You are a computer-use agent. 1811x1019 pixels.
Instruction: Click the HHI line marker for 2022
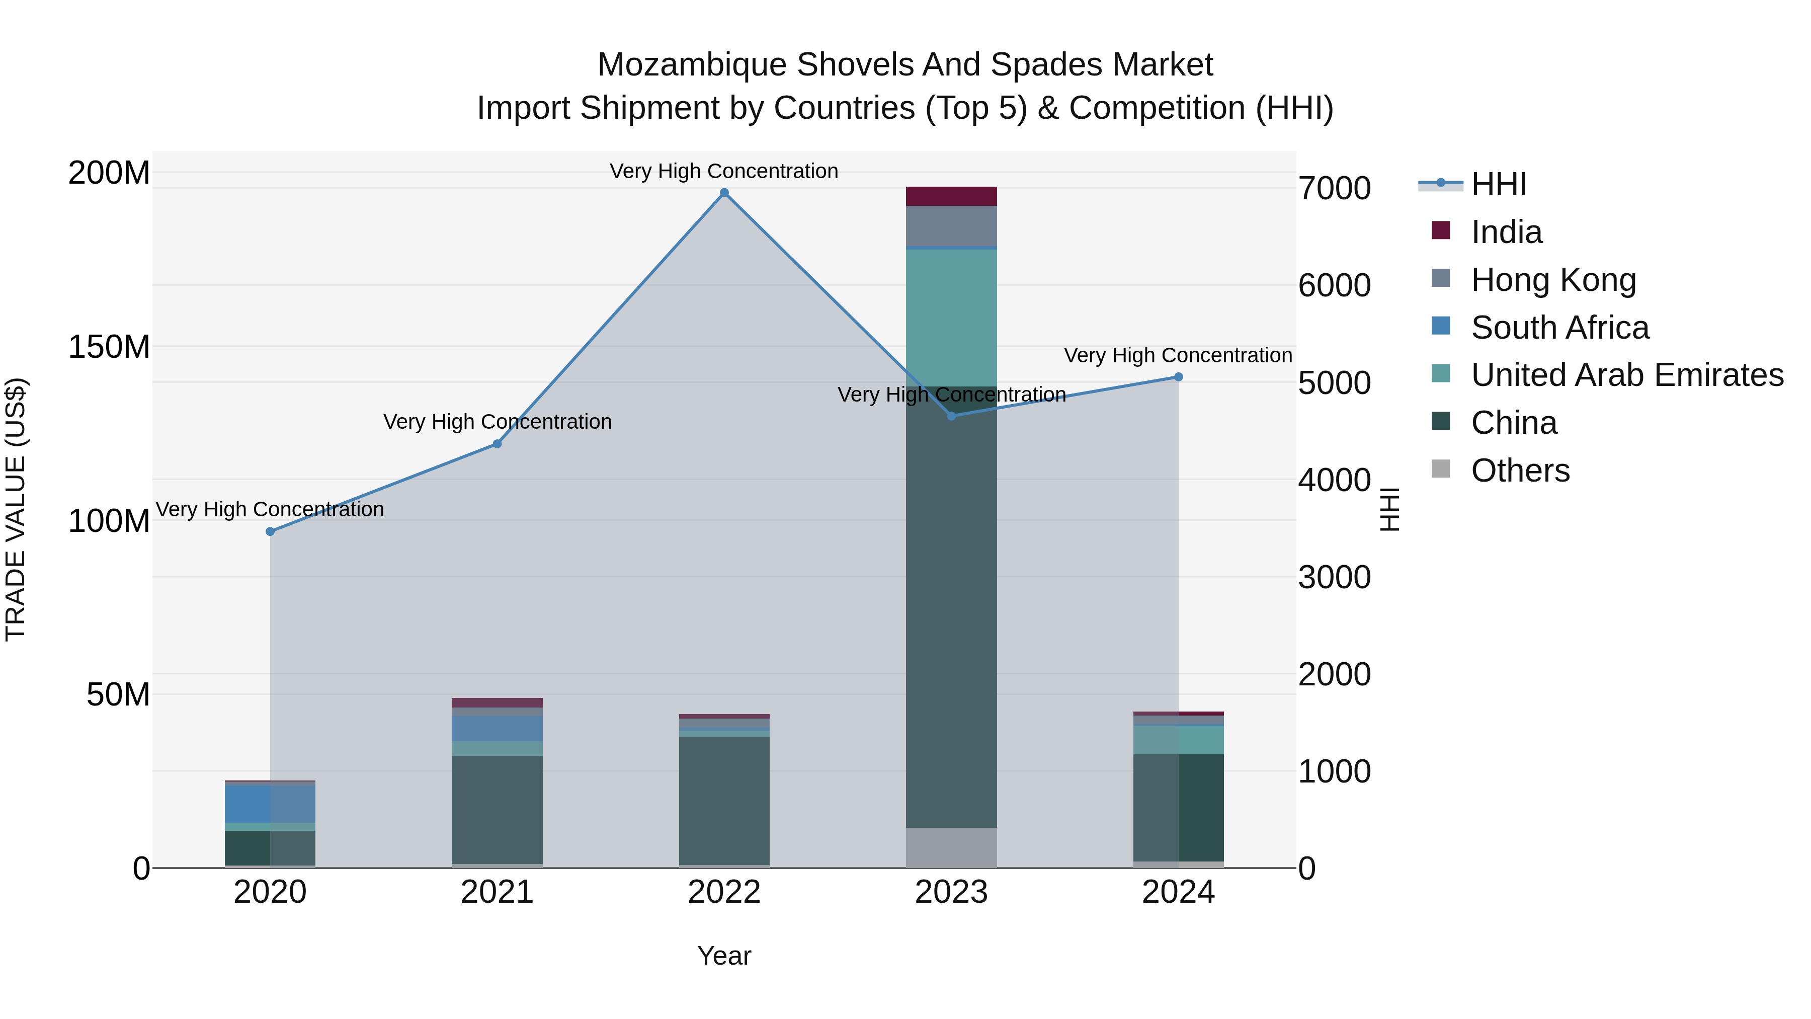724,193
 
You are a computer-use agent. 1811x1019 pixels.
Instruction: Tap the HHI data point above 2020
270,532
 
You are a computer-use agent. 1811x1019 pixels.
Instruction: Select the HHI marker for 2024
1178,377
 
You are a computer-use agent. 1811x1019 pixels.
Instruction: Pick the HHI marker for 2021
497,444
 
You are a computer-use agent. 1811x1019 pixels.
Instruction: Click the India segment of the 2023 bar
951,196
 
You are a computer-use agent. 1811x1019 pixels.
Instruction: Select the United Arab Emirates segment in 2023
951,317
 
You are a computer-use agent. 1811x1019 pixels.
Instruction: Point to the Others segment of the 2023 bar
951,847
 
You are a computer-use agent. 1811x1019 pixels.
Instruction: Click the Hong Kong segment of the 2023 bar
951,226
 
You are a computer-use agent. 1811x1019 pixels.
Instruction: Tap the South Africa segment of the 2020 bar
270,803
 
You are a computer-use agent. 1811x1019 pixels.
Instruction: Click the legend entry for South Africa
1559,328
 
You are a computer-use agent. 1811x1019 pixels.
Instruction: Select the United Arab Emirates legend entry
1626,375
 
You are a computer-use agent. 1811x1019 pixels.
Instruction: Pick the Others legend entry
1519,471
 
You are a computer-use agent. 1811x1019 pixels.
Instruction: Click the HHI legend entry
1498,184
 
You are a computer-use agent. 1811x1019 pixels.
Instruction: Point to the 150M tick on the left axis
109,347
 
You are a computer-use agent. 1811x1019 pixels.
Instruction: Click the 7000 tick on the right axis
1334,189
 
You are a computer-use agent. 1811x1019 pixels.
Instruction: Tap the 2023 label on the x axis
951,892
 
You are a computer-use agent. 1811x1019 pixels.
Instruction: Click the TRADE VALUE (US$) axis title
16,509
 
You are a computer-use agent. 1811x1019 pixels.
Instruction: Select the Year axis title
724,956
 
